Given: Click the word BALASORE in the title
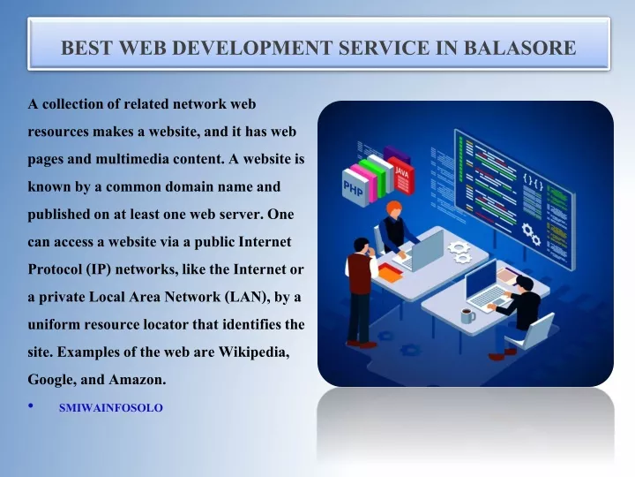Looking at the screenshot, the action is (x=519, y=48).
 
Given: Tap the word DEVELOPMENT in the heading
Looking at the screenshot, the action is (x=252, y=48).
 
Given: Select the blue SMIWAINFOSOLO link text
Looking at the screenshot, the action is (x=111, y=407).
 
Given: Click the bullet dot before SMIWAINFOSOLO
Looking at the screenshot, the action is (x=31, y=405).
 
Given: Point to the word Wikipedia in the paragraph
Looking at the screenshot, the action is (x=254, y=352).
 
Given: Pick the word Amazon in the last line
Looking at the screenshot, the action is (x=138, y=380).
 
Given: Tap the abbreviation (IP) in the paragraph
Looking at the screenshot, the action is (x=99, y=269).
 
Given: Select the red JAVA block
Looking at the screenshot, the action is (x=401, y=176).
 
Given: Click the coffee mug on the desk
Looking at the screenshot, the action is (x=467, y=315).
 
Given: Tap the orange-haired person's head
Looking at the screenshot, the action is (x=393, y=208).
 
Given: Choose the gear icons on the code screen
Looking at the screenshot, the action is (x=531, y=234).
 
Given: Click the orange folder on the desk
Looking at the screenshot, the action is (x=391, y=273).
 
